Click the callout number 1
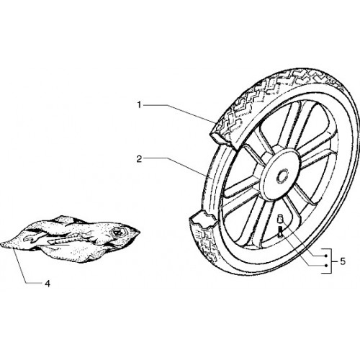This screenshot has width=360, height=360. [139, 105]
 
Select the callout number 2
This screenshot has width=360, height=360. [139, 159]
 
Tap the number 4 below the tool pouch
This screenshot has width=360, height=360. [48, 284]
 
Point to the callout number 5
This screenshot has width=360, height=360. [343, 261]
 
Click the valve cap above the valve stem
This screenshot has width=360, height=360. [280, 219]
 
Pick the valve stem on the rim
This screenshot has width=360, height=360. [280, 233]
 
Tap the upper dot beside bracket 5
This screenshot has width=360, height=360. [325, 256]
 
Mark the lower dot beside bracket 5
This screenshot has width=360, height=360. [325, 266]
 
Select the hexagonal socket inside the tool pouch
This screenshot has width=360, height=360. [117, 233]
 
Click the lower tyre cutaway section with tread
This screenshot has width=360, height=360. [204, 236]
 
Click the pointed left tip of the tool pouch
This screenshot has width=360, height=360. [2, 244]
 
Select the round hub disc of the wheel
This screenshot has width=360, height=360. [280, 175]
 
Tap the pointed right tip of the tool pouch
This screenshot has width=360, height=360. [139, 232]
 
